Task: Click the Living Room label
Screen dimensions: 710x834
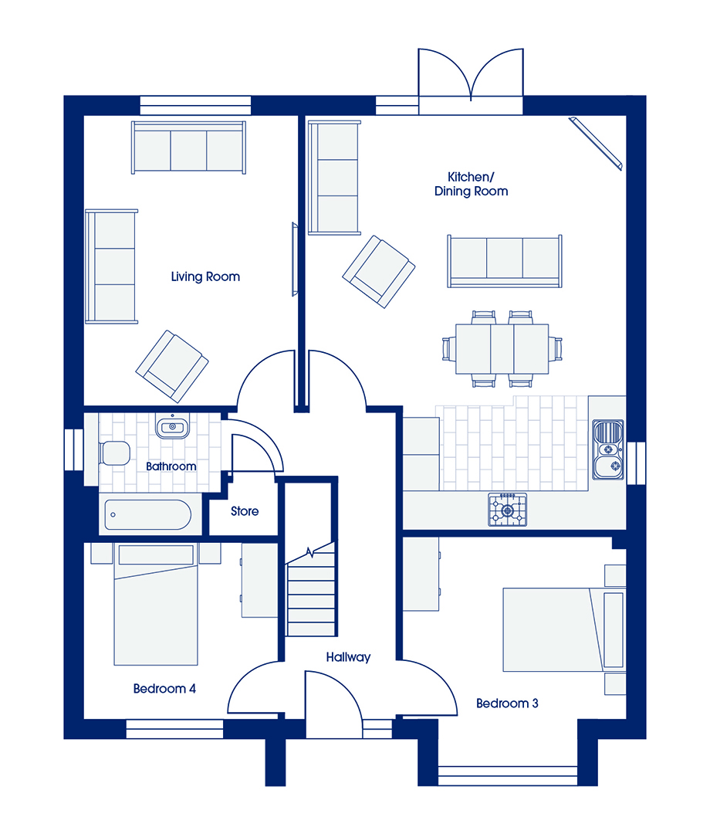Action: [x=205, y=276]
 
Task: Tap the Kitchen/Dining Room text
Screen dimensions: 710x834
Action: [x=471, y=184]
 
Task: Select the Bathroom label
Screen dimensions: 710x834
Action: [x=171, y=466]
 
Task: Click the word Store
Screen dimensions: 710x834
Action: [x=245, y=511]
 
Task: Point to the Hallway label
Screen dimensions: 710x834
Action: [x=348, y=657]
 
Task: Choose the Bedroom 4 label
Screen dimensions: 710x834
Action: [x=164, y=689]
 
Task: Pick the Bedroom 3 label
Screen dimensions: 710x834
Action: [x=507, y=703]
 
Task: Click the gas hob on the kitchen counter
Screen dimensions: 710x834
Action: [x=508, y=510]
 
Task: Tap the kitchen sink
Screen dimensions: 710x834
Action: [x=608, y=449]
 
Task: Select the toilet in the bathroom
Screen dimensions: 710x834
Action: [x=114, y=453]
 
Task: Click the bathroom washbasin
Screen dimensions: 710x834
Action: [x=172, y=426]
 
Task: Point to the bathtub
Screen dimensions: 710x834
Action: [x=147, y=515]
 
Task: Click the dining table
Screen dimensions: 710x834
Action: [x=502, y=349]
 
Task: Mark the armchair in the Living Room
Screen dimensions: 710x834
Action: [x=172, y=366]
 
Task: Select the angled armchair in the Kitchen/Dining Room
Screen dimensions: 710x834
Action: [x=378, y=272]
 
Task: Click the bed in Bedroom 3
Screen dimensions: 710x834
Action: [x=563, y=630]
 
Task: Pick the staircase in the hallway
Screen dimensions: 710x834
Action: [x=312, y=589]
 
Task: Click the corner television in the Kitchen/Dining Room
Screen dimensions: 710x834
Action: [x=596, y=144]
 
